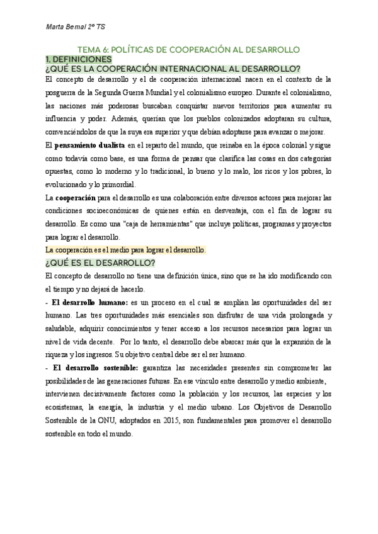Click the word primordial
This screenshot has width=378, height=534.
[118, 185]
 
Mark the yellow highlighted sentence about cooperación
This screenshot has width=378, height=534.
[126, 250]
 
